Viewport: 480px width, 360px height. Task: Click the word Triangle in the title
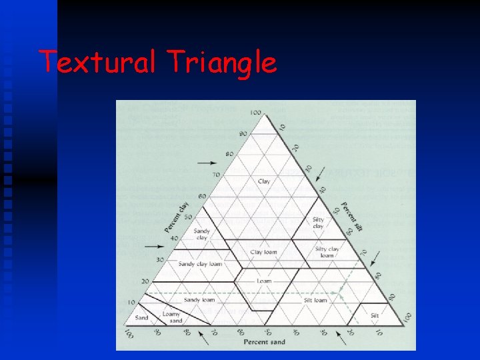pyautogui.click(x=222, y=63)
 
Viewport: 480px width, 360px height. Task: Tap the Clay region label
pyautogui.click(x=264, y=181)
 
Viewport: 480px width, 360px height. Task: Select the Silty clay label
pyautogui.click(x=318, y=223)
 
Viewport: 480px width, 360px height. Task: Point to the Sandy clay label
pyautogui.click(x=201, y=234)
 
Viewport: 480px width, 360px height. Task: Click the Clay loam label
pyautogui.click(x=264, y=252)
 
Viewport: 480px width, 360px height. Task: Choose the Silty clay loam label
pyautogui.click(x=327, y=252)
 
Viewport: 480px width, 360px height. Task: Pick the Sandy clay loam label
pyautogui.click(x=200, y=264)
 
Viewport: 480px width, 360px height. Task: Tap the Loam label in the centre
pyautogui.click(x=264, y=281)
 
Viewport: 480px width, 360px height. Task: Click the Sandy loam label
pyautogui.click(x=200, y=300)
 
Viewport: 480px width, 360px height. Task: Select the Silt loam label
pyautogui.click(x=315, y=300)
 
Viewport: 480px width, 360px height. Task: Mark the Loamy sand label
pyautogui.click(x=171, y=317)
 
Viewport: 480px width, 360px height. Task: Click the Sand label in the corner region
pyautogui.click(x=141, y=318)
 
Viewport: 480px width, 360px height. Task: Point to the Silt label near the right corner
pyautogui.click(x=375, y=315)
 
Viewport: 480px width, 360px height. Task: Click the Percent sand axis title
pyautogui.click(x=264, y=342)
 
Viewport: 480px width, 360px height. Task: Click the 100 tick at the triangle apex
pyautogui.click(x=255, y=111)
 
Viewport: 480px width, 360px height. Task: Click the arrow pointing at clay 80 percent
pyautogui.click(x=208, y=163)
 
